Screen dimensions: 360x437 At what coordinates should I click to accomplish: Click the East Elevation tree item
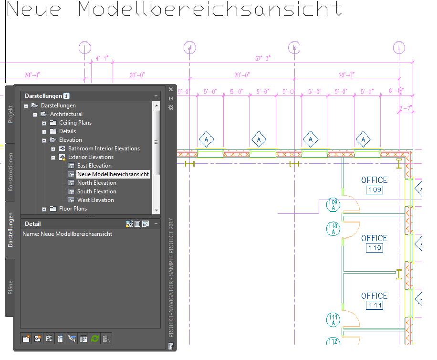94,166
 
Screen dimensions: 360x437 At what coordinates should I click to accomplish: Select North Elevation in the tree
96,183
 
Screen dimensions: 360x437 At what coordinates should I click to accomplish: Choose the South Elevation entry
97,191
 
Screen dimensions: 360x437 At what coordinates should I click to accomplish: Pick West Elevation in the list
95,200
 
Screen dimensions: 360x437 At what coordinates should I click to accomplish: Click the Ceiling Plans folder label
75,123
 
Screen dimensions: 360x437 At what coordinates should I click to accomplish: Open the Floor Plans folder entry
73,209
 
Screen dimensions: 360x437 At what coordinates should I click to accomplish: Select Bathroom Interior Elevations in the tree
104,148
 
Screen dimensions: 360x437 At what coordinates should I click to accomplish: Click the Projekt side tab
10,115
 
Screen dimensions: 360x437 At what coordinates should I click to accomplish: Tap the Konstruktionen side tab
10,172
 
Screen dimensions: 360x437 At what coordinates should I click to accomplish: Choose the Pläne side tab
10,287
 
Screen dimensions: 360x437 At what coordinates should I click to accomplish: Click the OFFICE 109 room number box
375,191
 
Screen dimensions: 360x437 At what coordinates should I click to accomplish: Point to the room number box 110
375,248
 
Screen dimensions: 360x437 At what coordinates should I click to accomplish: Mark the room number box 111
375,306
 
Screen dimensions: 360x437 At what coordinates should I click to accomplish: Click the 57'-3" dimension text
262,58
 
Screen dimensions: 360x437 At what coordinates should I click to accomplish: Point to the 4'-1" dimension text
102,58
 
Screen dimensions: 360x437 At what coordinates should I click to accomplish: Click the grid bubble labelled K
294,47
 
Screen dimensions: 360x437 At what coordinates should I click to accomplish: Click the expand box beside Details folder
44,131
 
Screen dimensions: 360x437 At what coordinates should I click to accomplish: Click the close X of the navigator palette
171,89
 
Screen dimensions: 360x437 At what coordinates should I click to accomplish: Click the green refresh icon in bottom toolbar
94,339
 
